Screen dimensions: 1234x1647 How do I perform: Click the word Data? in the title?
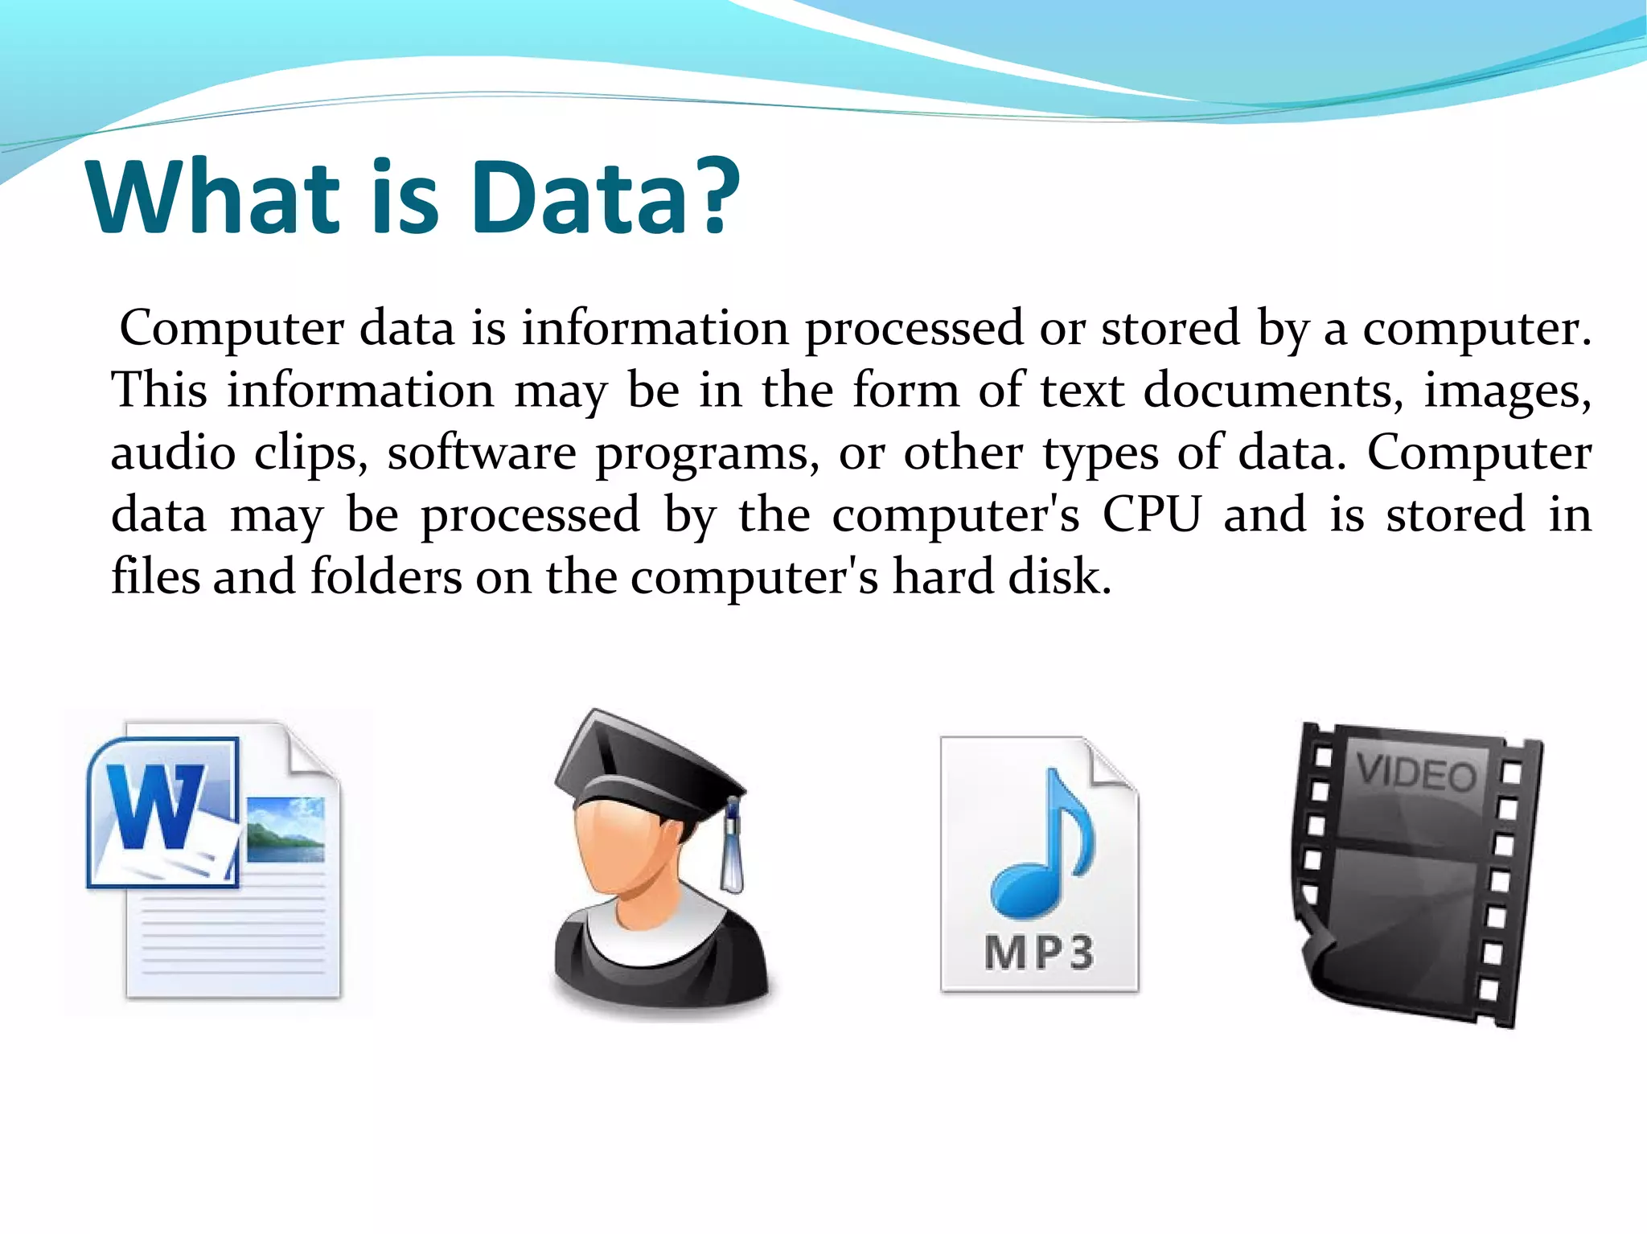click(x=605, y=197)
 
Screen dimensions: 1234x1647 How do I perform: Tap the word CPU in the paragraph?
click(x=1151, y=515)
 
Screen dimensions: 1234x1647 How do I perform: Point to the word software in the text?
click(x=482, y=453)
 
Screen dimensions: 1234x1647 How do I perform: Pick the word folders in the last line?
click(x=386, y=576)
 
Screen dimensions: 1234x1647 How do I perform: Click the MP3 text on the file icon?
click(x=1038, y=953)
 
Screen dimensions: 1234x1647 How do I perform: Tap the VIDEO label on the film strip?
click(x=1417, y=773)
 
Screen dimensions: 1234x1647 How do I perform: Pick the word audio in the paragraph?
click(x=173, y=453)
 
